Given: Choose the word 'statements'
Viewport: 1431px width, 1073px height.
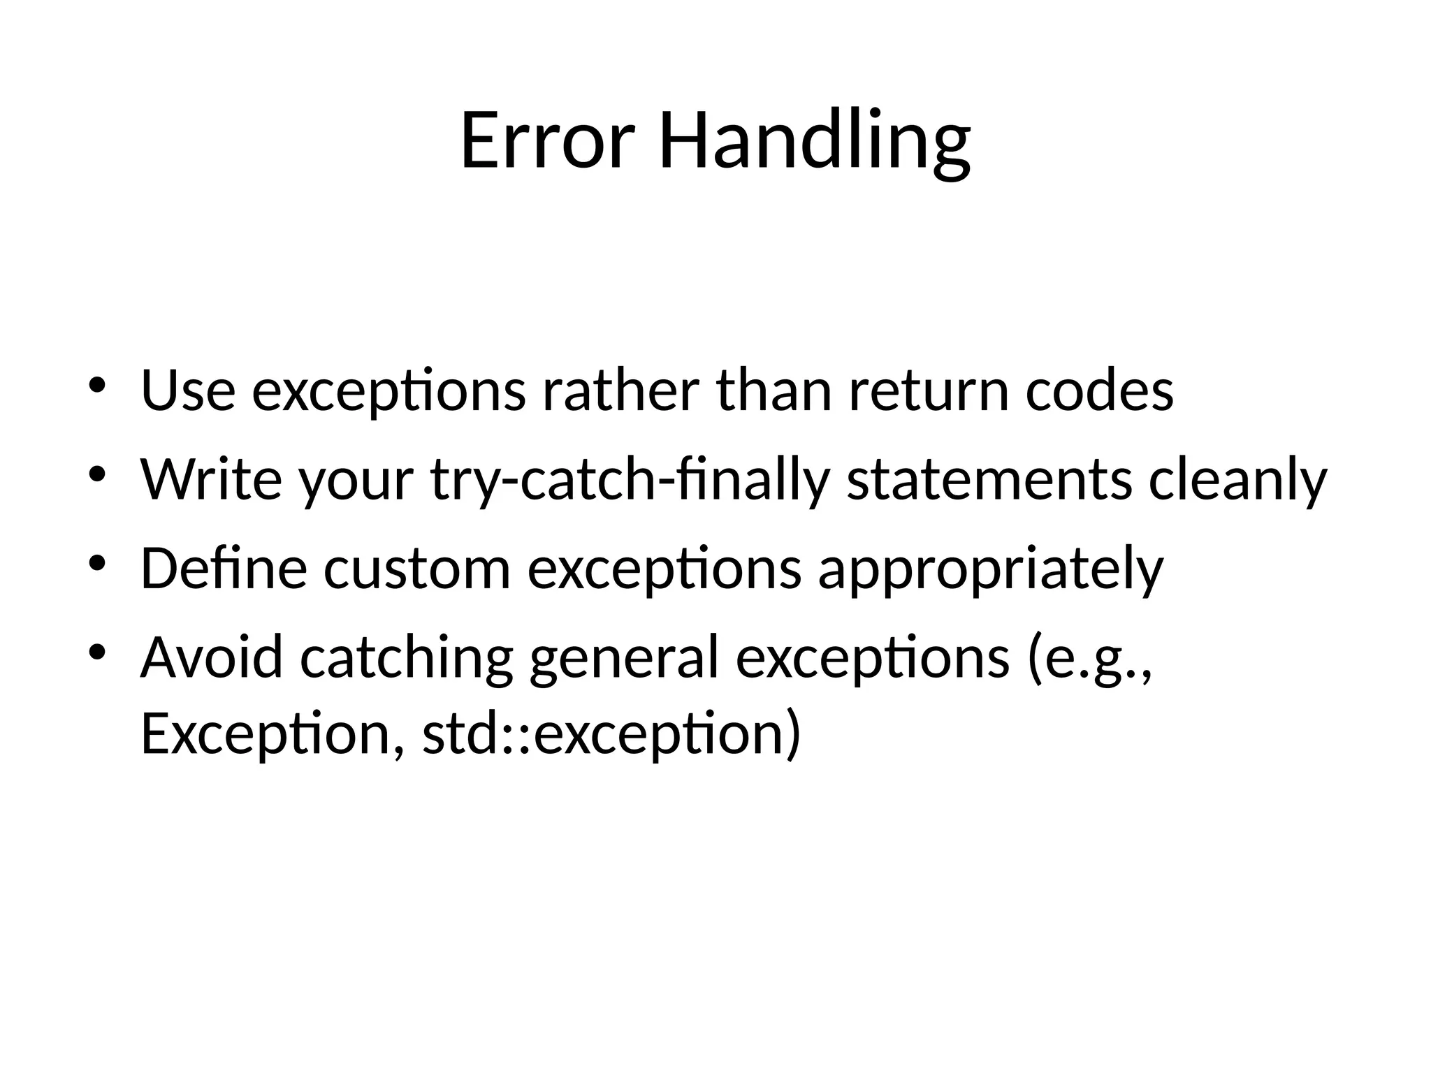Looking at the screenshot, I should tap(989, 479).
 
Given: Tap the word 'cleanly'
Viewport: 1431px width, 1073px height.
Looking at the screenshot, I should tap(1237, 481).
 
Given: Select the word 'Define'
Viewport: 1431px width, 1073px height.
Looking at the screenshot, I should tap(224, 568).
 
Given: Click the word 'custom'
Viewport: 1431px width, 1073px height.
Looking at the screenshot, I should tap(417, 568).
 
